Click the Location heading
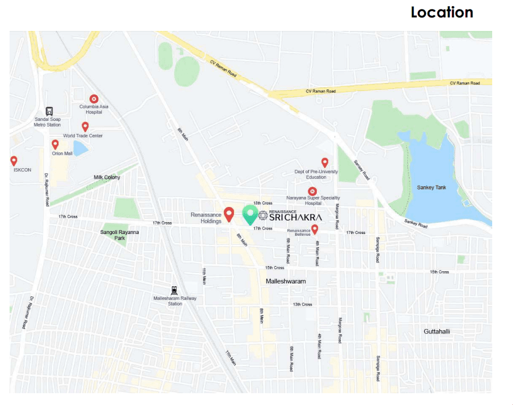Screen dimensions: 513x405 click(442, 12)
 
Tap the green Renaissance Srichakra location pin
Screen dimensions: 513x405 click(250, 214)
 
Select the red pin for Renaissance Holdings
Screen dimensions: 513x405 click(229, 214)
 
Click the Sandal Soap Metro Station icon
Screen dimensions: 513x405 click(49, 111)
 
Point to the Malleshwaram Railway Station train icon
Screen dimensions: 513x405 click(175, 290)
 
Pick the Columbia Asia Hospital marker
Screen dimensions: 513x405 click(94, 99)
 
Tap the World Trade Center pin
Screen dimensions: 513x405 click(85, 127)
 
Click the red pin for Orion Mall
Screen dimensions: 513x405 click(55, 145)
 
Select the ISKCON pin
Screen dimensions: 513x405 click(14, 161)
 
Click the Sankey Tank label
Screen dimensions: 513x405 click(431, 187)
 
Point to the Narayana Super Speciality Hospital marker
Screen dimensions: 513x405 click(313, 191)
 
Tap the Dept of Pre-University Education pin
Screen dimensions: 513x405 click(325, 163)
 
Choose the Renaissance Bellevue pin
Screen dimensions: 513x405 click(315, 229)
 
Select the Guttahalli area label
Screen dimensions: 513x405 click(436, 331)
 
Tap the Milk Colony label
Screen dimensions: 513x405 click(107, 177)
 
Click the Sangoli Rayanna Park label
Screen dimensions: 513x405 click(119, 235)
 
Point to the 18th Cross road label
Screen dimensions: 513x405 click(263, 203)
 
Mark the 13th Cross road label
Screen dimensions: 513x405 click(302, 304)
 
